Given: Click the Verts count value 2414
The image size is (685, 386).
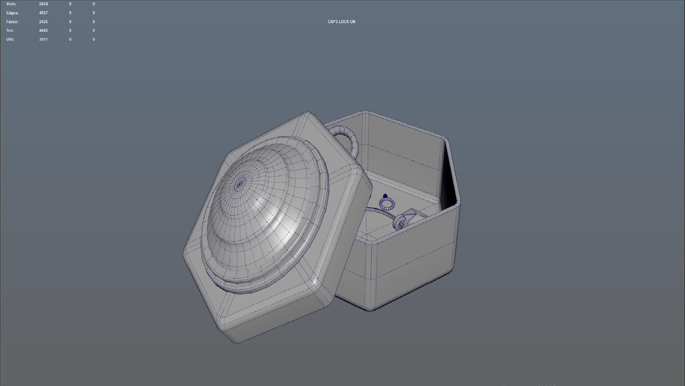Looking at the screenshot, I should click(x=43, y=4).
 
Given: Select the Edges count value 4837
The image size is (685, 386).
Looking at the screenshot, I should click(x=43, y=13).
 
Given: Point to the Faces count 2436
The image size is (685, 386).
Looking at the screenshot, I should click(x=43, y=22).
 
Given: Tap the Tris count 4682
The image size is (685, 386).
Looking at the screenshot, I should click(x=43, y=30).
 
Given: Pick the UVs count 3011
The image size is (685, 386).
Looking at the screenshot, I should click(x=43, y=39).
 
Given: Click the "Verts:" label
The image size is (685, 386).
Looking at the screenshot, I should click(x=11, y=4).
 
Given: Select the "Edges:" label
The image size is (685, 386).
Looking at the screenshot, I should click(x=12, y=13).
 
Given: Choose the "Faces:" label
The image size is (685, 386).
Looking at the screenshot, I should click(x=12, y=22).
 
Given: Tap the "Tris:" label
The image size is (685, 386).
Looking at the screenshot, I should click(x=10, y=30).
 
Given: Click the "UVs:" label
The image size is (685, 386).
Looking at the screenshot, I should click(x=10, y=39).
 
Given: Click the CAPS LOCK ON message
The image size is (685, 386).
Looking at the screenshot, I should click(x=341, y=22).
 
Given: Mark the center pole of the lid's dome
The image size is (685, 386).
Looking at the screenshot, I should click(x=239, y=185).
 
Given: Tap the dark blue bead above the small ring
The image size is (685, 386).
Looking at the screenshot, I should click(x=385, y=197).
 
